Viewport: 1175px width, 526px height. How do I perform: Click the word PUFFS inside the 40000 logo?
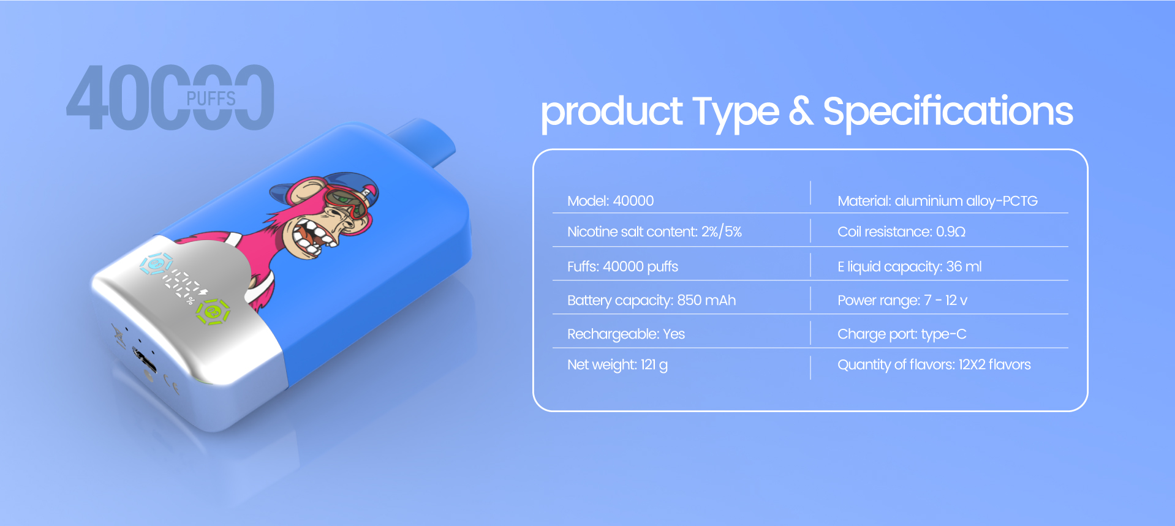[x=211, y=99]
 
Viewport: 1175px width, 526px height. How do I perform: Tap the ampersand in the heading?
[x=801, y=111]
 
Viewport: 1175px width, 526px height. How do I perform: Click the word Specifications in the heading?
[x=948, y=112]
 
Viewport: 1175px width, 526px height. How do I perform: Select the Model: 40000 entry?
[x=610, y=201]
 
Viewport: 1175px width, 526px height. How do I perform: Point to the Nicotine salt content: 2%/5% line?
[x=654, y=231]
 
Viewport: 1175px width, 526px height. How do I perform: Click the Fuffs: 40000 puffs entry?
[x=622, y=266]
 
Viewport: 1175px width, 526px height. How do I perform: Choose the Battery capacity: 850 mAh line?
[x=651, y=300]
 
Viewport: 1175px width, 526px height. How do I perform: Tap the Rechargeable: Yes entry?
[x=625, y=334]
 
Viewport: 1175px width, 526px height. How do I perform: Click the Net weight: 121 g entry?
[x=617, y=365]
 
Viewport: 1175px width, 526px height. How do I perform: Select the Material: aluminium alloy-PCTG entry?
[x=937, y=201]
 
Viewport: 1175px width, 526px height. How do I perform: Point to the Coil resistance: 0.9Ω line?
[x=901, y=231]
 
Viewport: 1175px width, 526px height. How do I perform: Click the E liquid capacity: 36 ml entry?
[x=909, y=266]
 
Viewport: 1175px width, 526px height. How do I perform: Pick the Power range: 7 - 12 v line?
[x=902, y=300]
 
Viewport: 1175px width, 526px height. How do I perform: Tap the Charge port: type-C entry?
[x=901, y=334]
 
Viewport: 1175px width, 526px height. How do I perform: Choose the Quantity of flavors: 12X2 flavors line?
[x=934, y=364]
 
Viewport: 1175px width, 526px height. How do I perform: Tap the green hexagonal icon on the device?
[x=213, y=312]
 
